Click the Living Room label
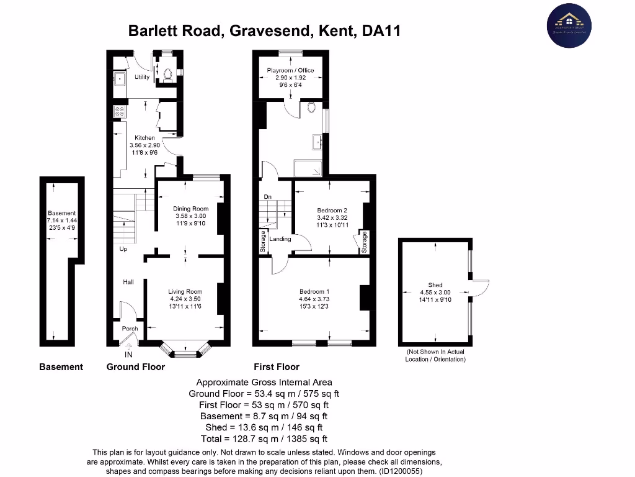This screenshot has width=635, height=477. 185,291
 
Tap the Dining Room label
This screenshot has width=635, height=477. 191,209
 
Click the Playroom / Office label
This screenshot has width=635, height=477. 290,70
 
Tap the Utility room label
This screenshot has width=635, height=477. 142,76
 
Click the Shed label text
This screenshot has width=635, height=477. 435,286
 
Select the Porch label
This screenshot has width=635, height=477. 130,329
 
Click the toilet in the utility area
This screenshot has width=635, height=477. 166,75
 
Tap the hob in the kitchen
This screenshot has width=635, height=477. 119,112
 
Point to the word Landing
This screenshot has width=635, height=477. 280,238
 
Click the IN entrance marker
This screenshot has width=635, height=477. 128,355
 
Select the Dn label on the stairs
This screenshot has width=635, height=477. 268,198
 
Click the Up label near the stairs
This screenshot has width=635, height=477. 123,249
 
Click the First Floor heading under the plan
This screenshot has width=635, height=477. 276,367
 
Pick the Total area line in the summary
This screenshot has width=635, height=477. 264,438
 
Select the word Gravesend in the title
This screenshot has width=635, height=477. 272,30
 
